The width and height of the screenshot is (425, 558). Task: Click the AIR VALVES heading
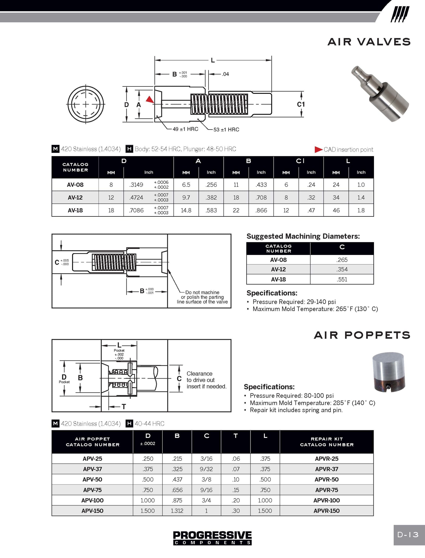[369, 42]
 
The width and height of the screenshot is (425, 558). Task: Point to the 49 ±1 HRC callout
[185, 129]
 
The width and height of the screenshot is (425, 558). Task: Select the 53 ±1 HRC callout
[226, 129]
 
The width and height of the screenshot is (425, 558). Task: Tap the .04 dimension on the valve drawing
[226, 74]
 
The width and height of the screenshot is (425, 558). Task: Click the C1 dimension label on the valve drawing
[301, 104]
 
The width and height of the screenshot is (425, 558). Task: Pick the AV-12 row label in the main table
[75, 198]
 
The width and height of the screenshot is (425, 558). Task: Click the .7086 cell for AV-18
[136, 210]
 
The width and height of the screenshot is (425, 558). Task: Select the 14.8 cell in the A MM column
[186, 210]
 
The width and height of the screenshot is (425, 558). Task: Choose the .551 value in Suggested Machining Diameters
[342, 279]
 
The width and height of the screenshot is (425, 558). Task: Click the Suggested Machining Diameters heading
[303, 236]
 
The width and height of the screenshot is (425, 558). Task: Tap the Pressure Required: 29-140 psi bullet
[294, 302]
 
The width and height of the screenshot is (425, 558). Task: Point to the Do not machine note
[202, 297]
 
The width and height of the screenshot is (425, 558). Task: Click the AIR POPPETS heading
[362, 335]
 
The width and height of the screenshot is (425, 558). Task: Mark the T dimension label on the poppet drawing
[124, 406]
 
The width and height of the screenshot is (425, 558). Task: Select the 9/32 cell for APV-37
[206, 469]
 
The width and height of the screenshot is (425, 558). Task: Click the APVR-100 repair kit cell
[326, 500]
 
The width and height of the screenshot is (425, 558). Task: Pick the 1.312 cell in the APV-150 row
[177, 511]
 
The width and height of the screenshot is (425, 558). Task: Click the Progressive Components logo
[212, 538]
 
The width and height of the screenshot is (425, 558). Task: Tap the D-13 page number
[408, 535]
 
